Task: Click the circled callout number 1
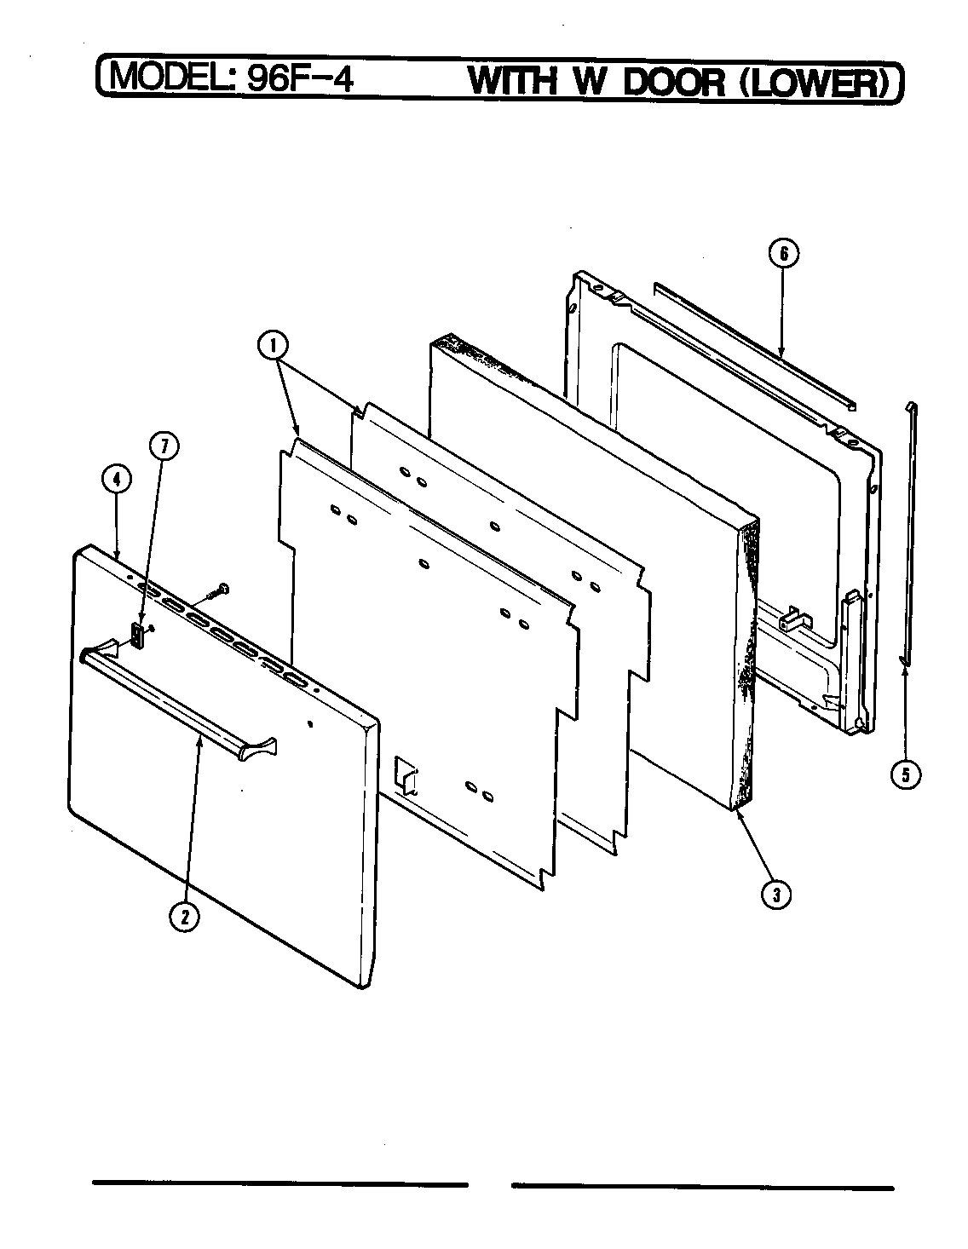coord(274,346)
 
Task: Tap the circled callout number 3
coord(775,894)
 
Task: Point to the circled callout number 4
coord(117,480)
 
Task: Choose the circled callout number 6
coord(784,253)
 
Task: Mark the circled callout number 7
coord(164,446)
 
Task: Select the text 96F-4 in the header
coord(298,79)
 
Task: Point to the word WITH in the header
coord(513,81)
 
